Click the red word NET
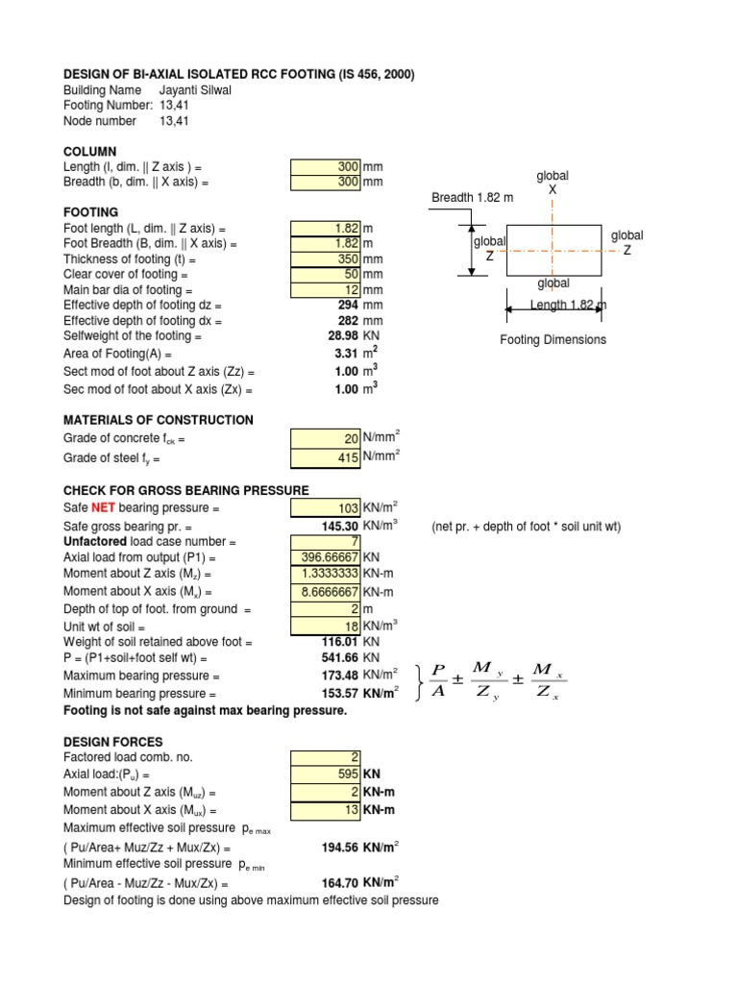click(x=104, y=507)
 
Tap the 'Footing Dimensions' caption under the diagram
click(x=553, y=340)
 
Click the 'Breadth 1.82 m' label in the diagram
click(x=472, y=198)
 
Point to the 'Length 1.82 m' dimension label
click(x=569, y=306)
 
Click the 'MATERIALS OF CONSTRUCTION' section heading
click(x=159, y=420)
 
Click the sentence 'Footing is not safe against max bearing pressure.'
click(x=205, y=710)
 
